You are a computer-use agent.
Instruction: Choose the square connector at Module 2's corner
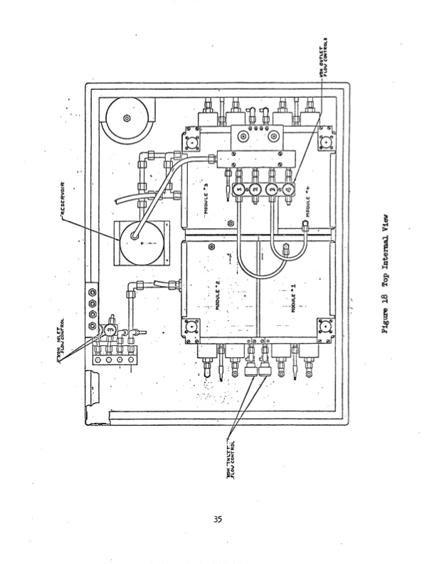191,327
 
